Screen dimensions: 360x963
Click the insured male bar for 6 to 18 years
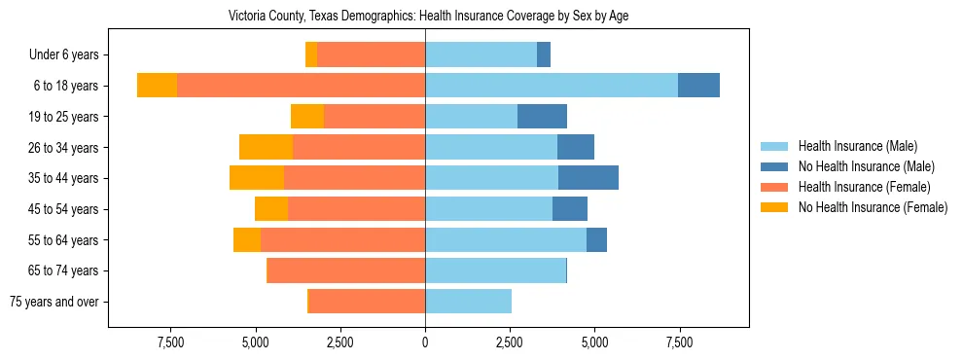(x=551, y=86)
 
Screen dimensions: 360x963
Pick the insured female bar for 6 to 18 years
(x=301, y=86)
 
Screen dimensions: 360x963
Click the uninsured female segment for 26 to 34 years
(x=266, y=147)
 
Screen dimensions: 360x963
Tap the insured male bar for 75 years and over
(x=468, y=302)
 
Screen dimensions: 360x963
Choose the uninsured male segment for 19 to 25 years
(x=542, y=117)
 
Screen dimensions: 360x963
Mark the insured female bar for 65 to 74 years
(x=345, y=270)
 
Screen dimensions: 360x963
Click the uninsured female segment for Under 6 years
(x=311, y=55)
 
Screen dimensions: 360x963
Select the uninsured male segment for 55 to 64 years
(x=596, y=239)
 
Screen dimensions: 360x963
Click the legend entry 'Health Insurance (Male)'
(x=857, y=146)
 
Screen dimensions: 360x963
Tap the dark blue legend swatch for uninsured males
(x=774, y=166)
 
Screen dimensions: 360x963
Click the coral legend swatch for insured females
(x=774, y=187)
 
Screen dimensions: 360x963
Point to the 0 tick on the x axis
(x=425, y=342)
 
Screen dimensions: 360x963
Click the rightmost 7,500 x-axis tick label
(x=678, y=342)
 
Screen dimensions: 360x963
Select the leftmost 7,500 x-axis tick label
(x=171, y=342)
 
